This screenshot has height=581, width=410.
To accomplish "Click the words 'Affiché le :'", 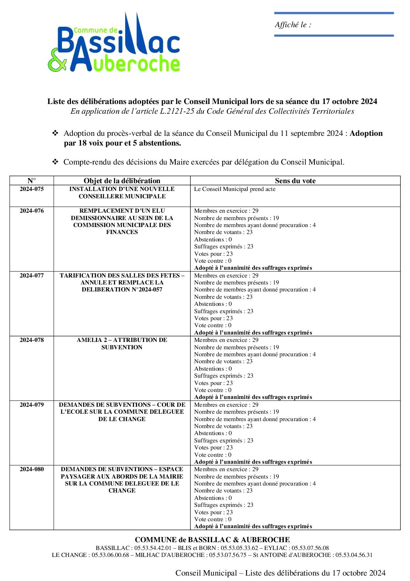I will [293, 25].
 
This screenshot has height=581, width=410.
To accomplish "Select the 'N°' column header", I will [32, 180].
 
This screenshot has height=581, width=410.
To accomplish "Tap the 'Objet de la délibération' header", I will [122, 180].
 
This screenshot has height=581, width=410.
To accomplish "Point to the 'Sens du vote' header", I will [295, 180].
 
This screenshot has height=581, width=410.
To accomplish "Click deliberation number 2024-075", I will [32, 189].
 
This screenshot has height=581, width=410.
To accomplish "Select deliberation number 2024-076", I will [32, 211].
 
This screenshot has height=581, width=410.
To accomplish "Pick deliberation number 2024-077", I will [32, 276].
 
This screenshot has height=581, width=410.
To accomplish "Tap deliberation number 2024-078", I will [32, 340].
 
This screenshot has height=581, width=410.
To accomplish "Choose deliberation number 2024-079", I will [32, 405].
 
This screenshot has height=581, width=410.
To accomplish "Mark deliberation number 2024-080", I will [32, 469].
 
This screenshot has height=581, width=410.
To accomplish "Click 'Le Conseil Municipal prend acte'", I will [235, 189].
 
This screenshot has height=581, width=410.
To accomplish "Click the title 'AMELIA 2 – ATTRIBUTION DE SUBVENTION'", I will [122, 343].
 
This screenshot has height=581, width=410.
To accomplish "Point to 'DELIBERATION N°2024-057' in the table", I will [122, 290].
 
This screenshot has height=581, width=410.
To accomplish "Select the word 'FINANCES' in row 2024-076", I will [122, 232].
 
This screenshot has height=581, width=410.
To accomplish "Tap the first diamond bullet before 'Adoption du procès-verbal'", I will [55, 133].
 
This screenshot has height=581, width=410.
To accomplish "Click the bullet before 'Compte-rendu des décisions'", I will [55, 162].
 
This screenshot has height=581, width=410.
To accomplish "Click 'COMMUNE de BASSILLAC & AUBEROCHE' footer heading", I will [212, 539].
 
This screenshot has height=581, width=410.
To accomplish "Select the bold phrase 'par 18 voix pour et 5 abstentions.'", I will [122, 143].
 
